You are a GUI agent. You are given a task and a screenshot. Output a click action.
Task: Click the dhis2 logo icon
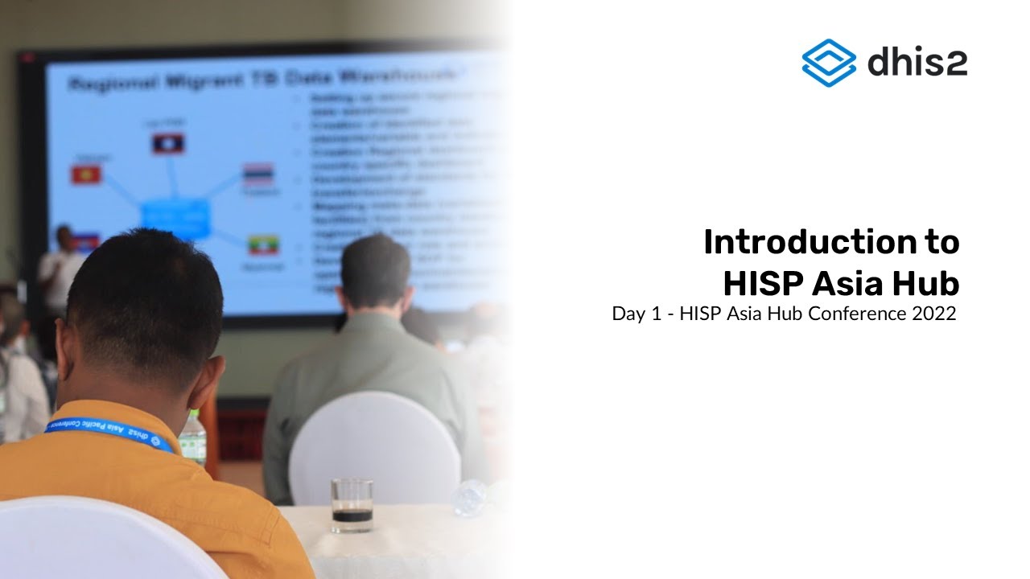pyautogui.click(x=829, y=62)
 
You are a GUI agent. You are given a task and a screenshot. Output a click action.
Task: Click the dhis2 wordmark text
pyautogui.click(x=917, y=62)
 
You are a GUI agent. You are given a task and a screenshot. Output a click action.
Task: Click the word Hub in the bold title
pyautogui.click(x=925, y=284)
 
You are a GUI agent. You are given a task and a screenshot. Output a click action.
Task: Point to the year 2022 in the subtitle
pyautogui.click(x=933, y=314)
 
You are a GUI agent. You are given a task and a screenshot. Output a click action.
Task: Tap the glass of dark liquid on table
pyautogui.click(x=352, y=506)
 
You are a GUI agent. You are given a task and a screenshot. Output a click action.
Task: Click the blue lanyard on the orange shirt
pyautogui.click(x=109, y=432)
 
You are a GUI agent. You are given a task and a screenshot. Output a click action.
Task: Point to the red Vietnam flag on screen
pyautogui.click(x=85, y=175)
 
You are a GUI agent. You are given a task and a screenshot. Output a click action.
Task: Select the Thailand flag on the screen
pyautogui.click(x=259, y=174)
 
